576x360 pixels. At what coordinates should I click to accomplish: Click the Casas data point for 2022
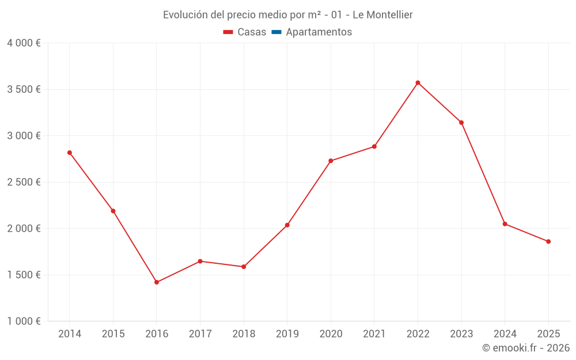[418, 83]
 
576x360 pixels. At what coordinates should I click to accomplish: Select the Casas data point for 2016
[157, 282]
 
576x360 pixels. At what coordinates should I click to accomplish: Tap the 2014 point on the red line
[70, 153]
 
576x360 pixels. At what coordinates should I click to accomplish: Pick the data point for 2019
[287, 225]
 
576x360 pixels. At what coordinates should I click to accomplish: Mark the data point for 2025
[548, 241]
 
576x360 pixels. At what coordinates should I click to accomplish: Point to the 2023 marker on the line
[461, 122]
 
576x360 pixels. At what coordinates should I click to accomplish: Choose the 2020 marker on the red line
[331, 161]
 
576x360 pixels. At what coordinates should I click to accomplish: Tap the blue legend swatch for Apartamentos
[276, 32]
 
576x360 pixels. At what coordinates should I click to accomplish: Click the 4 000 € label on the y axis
[24, 43]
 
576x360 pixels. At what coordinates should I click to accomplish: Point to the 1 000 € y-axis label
[24, 321]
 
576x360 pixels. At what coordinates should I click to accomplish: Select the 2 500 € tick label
[24, 182]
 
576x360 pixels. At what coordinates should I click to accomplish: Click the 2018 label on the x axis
[244, 334]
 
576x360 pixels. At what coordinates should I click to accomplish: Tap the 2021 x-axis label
[374, 334]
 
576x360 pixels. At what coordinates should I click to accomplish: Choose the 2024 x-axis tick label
[505, 334]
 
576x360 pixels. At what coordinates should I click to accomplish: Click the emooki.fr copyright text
[526, 348]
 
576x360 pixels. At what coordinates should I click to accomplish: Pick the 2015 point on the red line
[113, 211]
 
